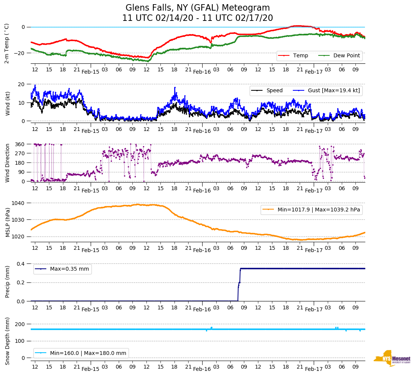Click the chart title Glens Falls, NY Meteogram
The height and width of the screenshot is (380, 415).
pyautogui.click(x=198, y=8)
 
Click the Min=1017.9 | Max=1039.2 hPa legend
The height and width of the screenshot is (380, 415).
pyautogui.click(x=311, y=210)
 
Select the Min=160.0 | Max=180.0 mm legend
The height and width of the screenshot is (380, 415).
pyautogui.click(x=81, y=353)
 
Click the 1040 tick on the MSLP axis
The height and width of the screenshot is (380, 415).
pyautogui.click(x=19, y=203)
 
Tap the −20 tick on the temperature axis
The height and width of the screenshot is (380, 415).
pyautogui.click(x=19, y=53)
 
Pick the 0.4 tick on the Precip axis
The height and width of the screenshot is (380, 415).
pyautogui.click(x=21, y=264)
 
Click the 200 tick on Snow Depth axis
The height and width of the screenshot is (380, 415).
pyautogui.click(x=20, y=324)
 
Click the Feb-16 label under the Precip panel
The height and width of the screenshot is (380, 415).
pyautogui.click(x=202, y=309)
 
